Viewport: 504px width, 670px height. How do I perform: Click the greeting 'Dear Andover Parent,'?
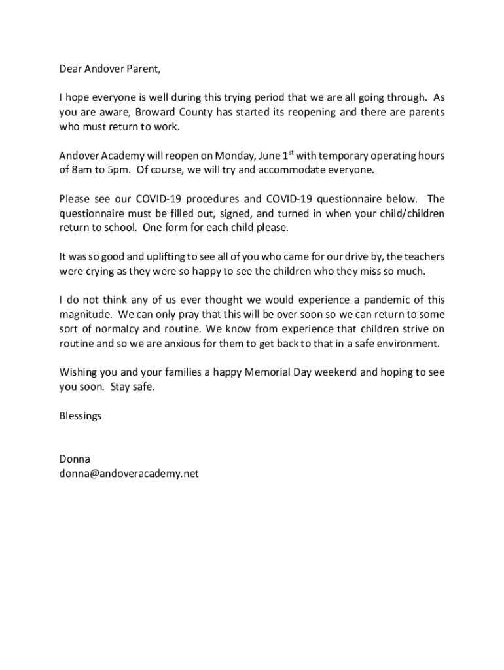click(x=109, y=68)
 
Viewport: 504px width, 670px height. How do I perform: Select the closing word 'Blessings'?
click(x=81, y=415)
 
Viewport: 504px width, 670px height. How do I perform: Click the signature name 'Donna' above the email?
click(x=74, y=459)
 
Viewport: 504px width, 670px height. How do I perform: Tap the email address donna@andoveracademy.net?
click(x=128, y=474)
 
